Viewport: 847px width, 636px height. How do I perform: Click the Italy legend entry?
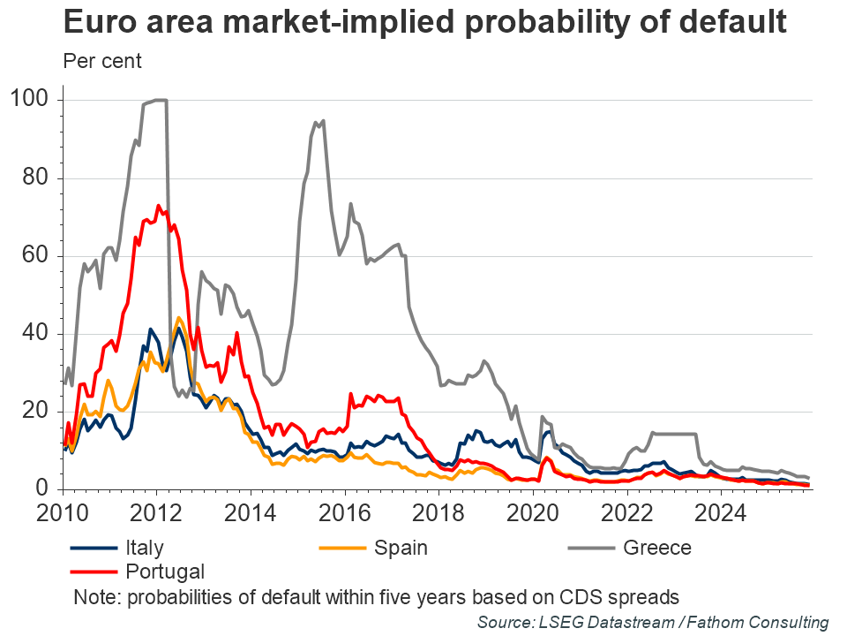(143, 548)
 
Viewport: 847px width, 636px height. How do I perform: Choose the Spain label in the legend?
(401, 548)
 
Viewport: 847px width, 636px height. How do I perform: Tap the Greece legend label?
(657, 548)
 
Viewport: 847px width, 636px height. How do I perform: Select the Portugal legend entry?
(165, 571)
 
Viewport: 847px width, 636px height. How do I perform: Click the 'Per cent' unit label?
(102, 61)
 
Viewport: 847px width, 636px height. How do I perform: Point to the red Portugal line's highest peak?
(159, 206)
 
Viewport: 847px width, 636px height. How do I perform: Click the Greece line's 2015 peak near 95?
(324, 120)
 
